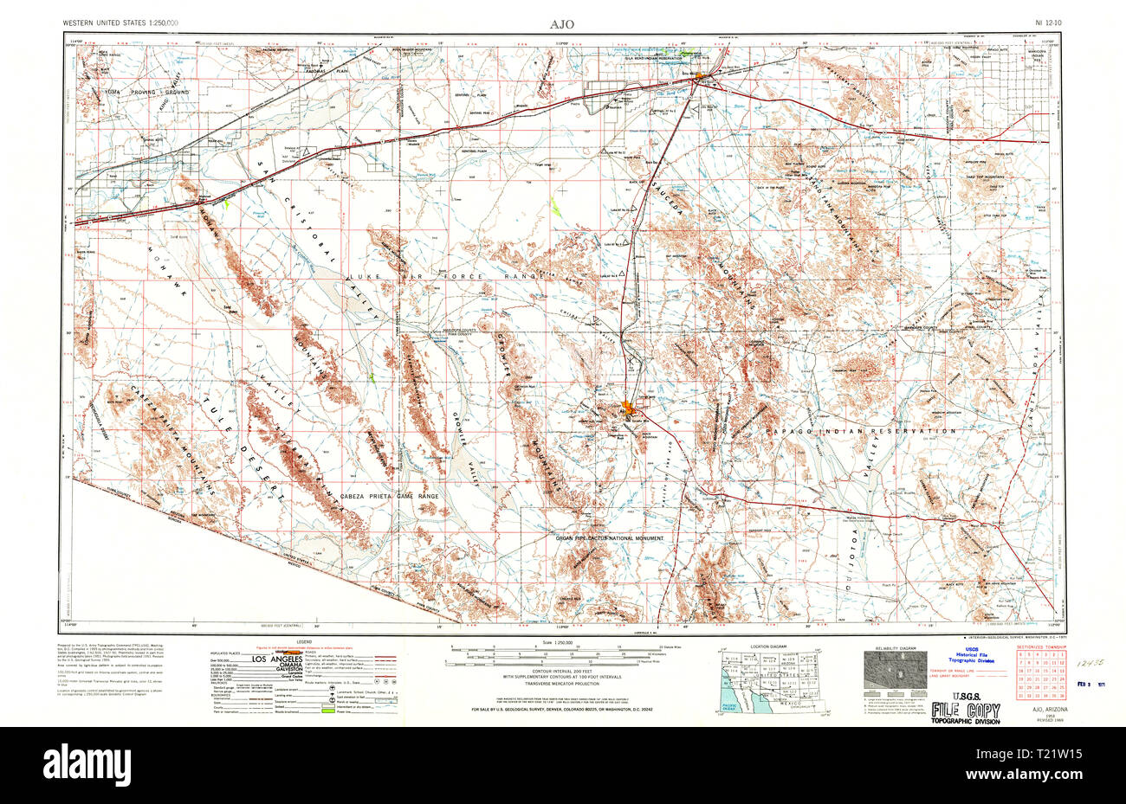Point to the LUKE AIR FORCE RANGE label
450,276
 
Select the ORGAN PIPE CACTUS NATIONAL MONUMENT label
611,538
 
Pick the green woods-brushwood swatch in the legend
326,710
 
